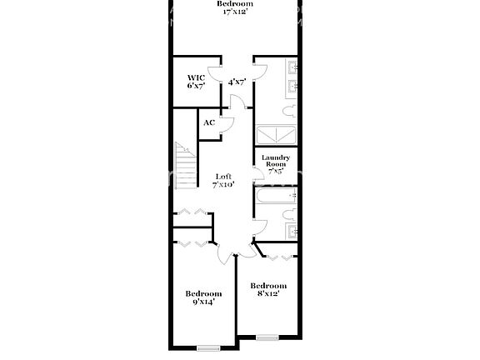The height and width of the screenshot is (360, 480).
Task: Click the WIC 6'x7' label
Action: click(196, 82)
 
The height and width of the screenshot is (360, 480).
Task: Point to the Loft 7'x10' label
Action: click(223, 180)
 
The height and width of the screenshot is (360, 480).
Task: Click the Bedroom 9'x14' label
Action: click(203, 297)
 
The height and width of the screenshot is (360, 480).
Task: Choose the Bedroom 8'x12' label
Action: click(268, 289)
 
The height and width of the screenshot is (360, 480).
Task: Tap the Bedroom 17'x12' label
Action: click(234, 7)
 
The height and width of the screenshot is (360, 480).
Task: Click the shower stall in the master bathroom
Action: click(276, 135)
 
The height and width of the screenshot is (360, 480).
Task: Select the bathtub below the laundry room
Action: click(275, 197)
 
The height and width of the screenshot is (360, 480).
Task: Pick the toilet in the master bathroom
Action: click(287, 111)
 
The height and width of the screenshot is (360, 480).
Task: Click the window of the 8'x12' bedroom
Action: click(267, 337)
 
